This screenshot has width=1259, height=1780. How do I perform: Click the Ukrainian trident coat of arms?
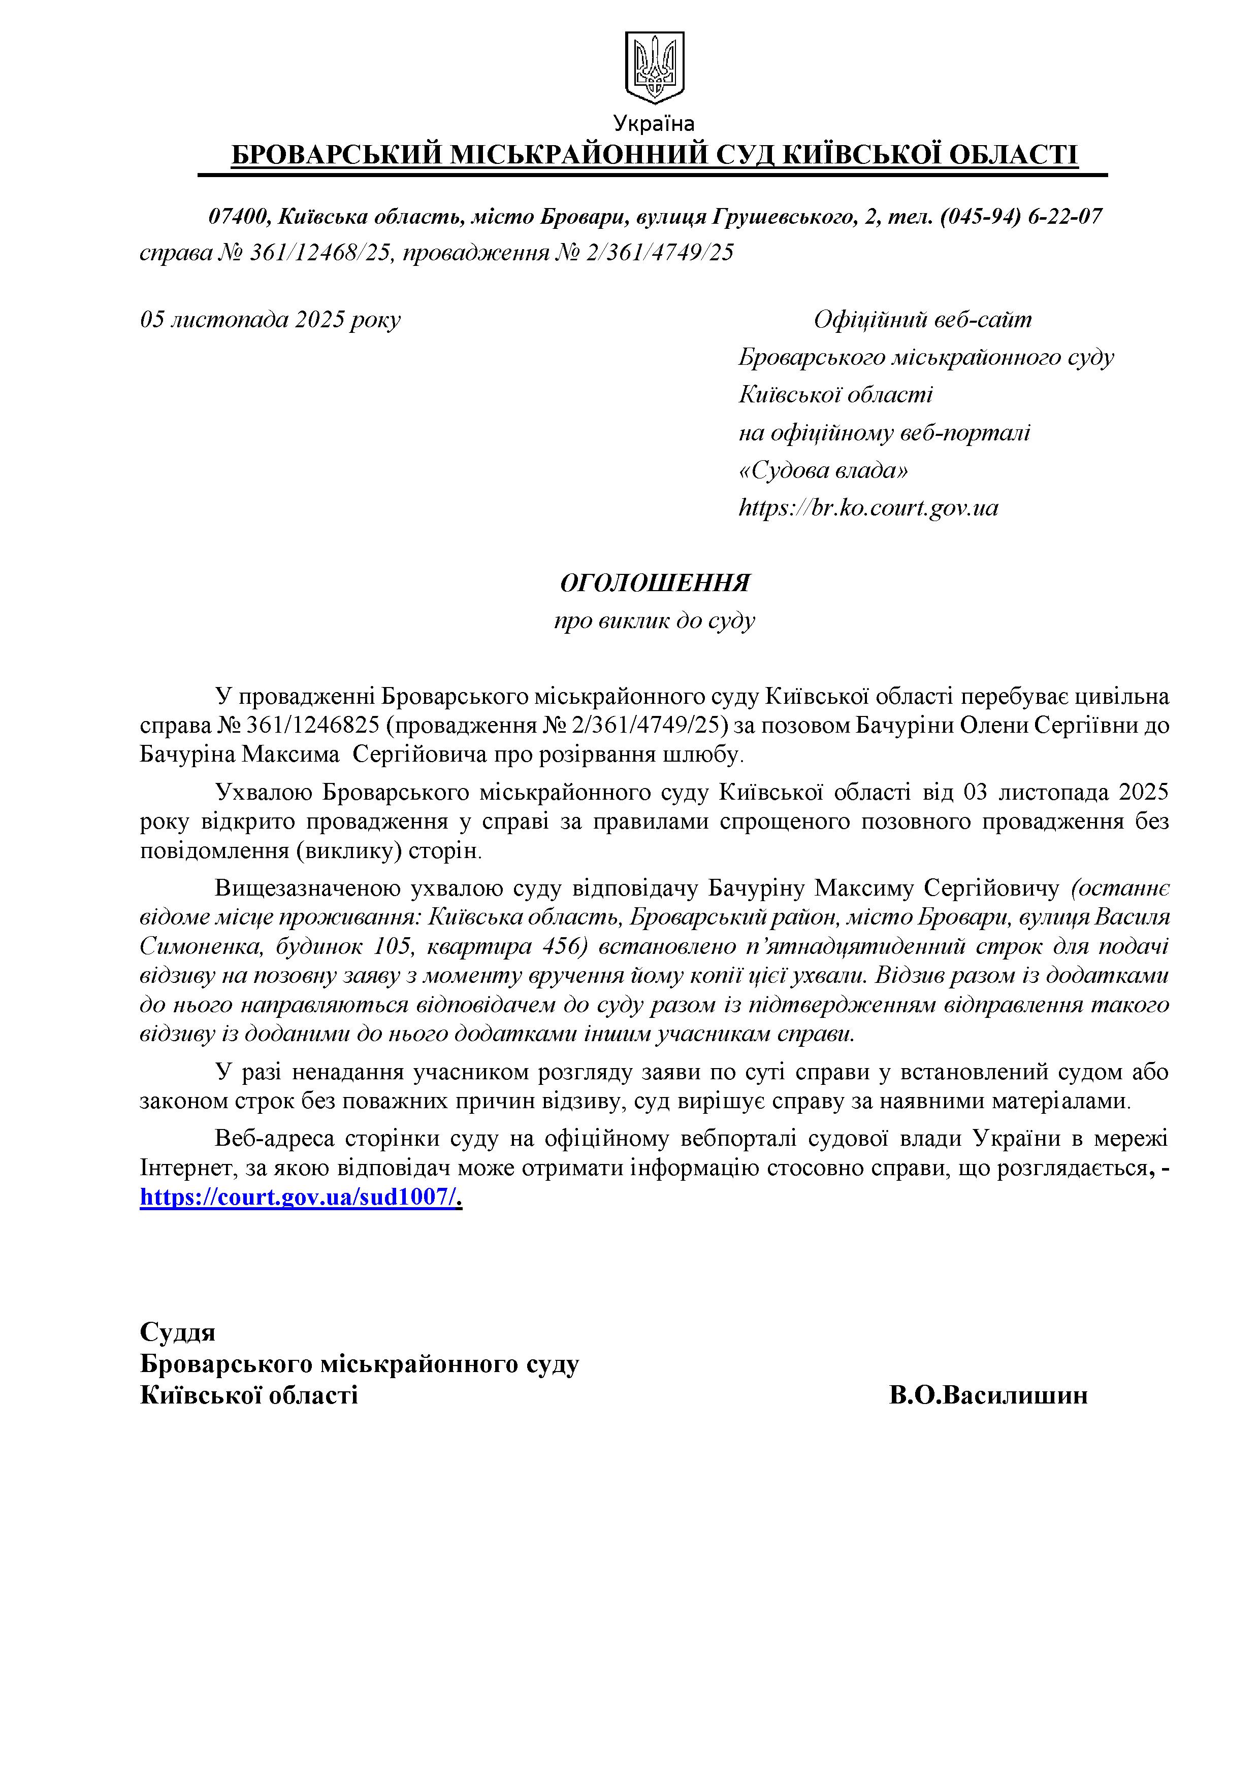654,67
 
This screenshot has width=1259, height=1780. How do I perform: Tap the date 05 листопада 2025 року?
270,319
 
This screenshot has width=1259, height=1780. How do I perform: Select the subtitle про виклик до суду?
654,620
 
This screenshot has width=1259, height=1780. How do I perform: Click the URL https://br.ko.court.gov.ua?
868,508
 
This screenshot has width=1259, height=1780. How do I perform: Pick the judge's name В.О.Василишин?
988,1395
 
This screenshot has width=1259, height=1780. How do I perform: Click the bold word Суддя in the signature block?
178,1332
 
